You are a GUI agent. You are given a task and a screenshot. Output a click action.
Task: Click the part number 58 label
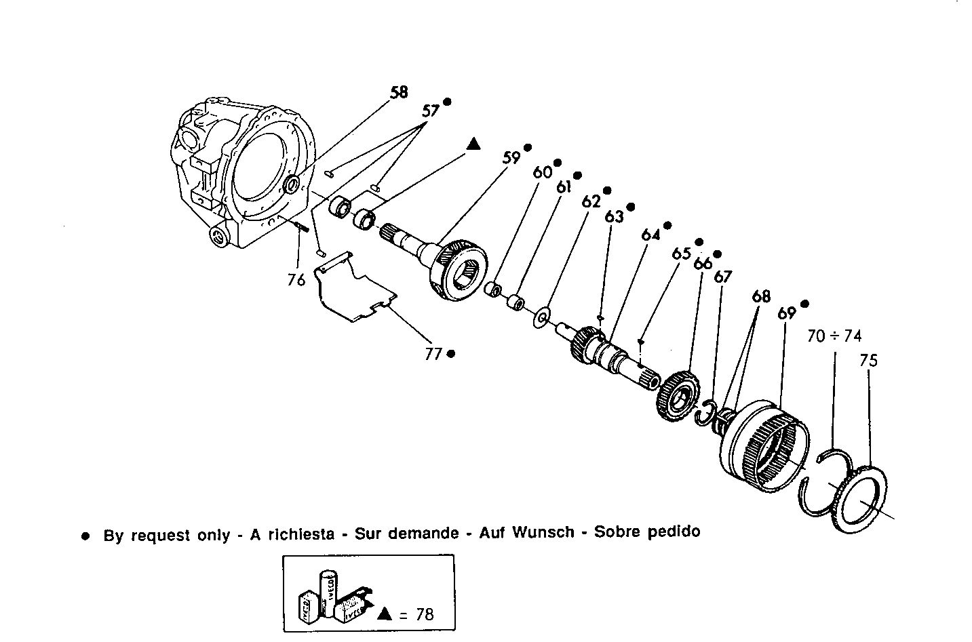tap(399, 92)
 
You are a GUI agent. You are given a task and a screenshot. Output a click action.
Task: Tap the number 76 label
tap(296, 279)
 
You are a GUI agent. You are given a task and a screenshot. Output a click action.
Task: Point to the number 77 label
tap(433, 353)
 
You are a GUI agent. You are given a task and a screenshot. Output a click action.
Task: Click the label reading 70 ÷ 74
tap(834, 336)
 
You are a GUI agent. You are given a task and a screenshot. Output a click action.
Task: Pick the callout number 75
tap(868, 360)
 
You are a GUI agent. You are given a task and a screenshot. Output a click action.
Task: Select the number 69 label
tap(786, 313)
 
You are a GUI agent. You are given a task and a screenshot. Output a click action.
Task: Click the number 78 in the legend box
tap(425, 614)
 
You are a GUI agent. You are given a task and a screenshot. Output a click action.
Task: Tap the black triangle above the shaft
tap(473, 143)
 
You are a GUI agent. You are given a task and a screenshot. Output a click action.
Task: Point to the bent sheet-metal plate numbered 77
tap(354, 288)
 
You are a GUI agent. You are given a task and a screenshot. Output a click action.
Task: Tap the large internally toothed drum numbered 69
tap(763, 444)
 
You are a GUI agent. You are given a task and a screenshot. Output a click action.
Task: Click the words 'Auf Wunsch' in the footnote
tap(526, 532)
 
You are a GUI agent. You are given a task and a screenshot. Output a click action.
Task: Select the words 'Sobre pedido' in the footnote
tap(646, 531)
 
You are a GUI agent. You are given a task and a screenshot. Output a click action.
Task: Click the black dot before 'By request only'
tap(85, 536)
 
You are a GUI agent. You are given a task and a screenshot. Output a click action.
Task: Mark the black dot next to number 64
tap(667, 225)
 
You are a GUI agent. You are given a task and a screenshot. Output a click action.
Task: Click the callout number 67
tap(723, 277)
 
